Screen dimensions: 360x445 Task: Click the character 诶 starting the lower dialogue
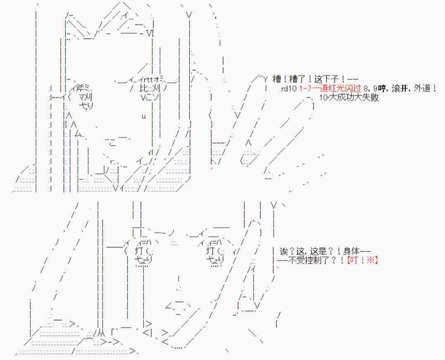click(283, 251)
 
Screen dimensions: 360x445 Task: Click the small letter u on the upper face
click(144, 116)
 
